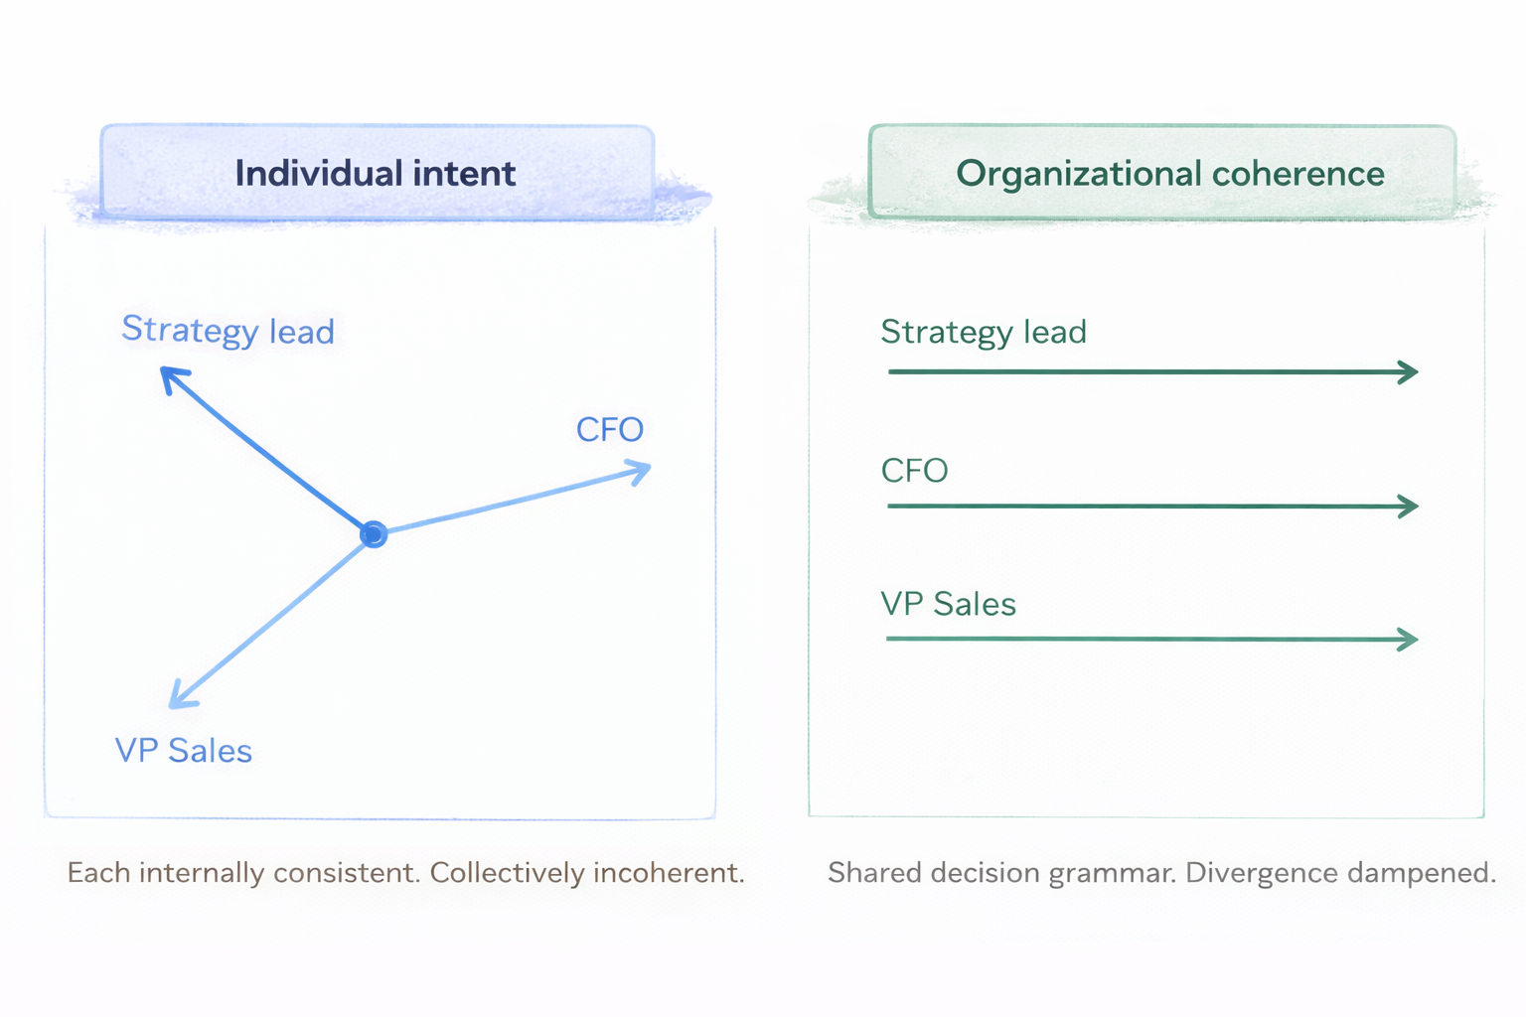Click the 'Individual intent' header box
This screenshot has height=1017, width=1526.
tap(377, 173)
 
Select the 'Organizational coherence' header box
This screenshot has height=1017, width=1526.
tap(1162, 173)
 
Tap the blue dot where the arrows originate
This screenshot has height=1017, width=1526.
tap(374, 534)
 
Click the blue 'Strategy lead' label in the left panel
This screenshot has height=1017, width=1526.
tap(228, 331)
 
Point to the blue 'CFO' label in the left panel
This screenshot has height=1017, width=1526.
tap(610, 430)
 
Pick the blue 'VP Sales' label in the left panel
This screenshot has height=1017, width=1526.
tap(184, 751)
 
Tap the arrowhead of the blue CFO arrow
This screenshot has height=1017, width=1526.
tap(642, 469)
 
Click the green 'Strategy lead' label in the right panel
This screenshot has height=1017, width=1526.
tap(984, 332)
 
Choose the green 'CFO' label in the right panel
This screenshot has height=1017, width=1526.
tap(914, 471)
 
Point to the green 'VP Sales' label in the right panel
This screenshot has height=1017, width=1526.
tap(948, 604)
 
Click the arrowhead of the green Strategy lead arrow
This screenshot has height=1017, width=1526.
tap(1410, 372)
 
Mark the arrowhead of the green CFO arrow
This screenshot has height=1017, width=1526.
tap(1410, 507)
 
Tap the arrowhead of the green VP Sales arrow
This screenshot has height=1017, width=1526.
tap(1410, 640)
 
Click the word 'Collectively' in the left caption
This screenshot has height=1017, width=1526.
tap(507, 873)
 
